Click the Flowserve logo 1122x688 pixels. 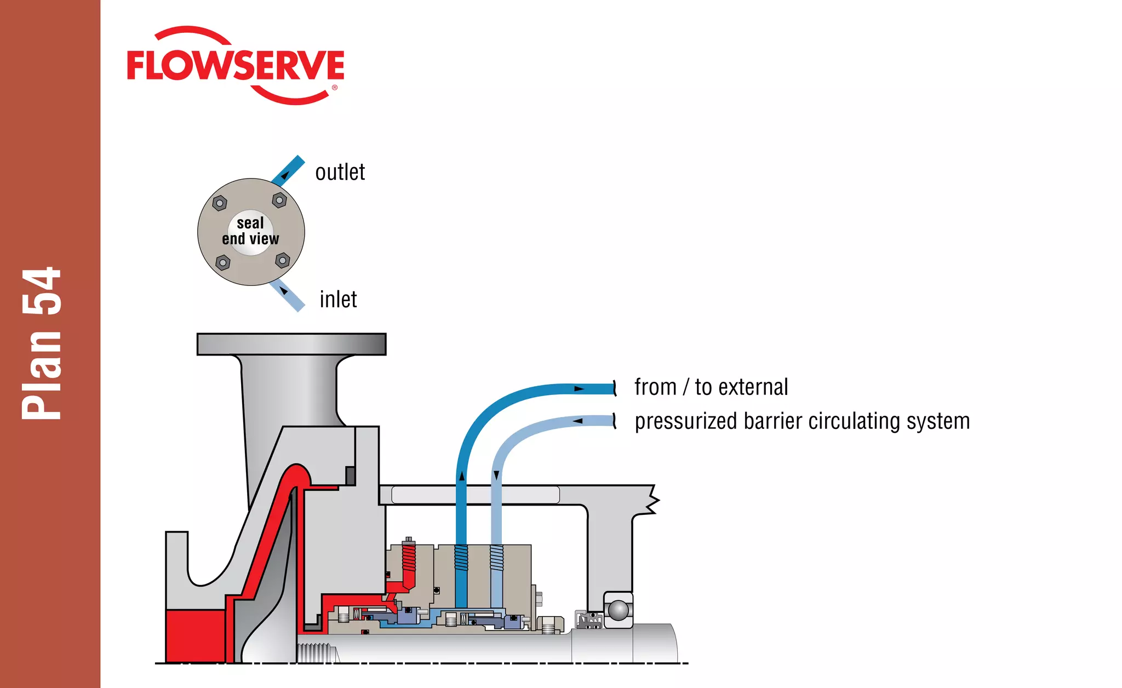click(x=236, y=66)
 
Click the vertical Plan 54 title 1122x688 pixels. click(x=42, y=344)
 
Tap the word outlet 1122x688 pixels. click(x=340, y=173)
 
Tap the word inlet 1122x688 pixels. click(x=338, y=300)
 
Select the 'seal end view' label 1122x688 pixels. click(x=250, y=231)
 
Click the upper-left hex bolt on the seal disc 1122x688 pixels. click(x=220, y=203)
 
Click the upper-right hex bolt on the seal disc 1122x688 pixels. click(x=279, y=200)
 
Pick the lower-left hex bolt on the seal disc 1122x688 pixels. click(x=222, y=263)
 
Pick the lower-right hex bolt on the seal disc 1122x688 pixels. click(x=283, y=260)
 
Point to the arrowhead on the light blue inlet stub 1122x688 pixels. click(x=283, y=290)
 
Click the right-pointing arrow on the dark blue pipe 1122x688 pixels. click(x=579, y=389)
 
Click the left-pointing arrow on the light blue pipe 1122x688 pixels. click(x=578, y=421)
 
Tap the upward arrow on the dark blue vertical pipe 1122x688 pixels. click(x=462, y=476)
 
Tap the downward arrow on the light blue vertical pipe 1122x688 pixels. click(x=496, y=475)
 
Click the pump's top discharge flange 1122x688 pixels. click(x=291, y=344)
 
